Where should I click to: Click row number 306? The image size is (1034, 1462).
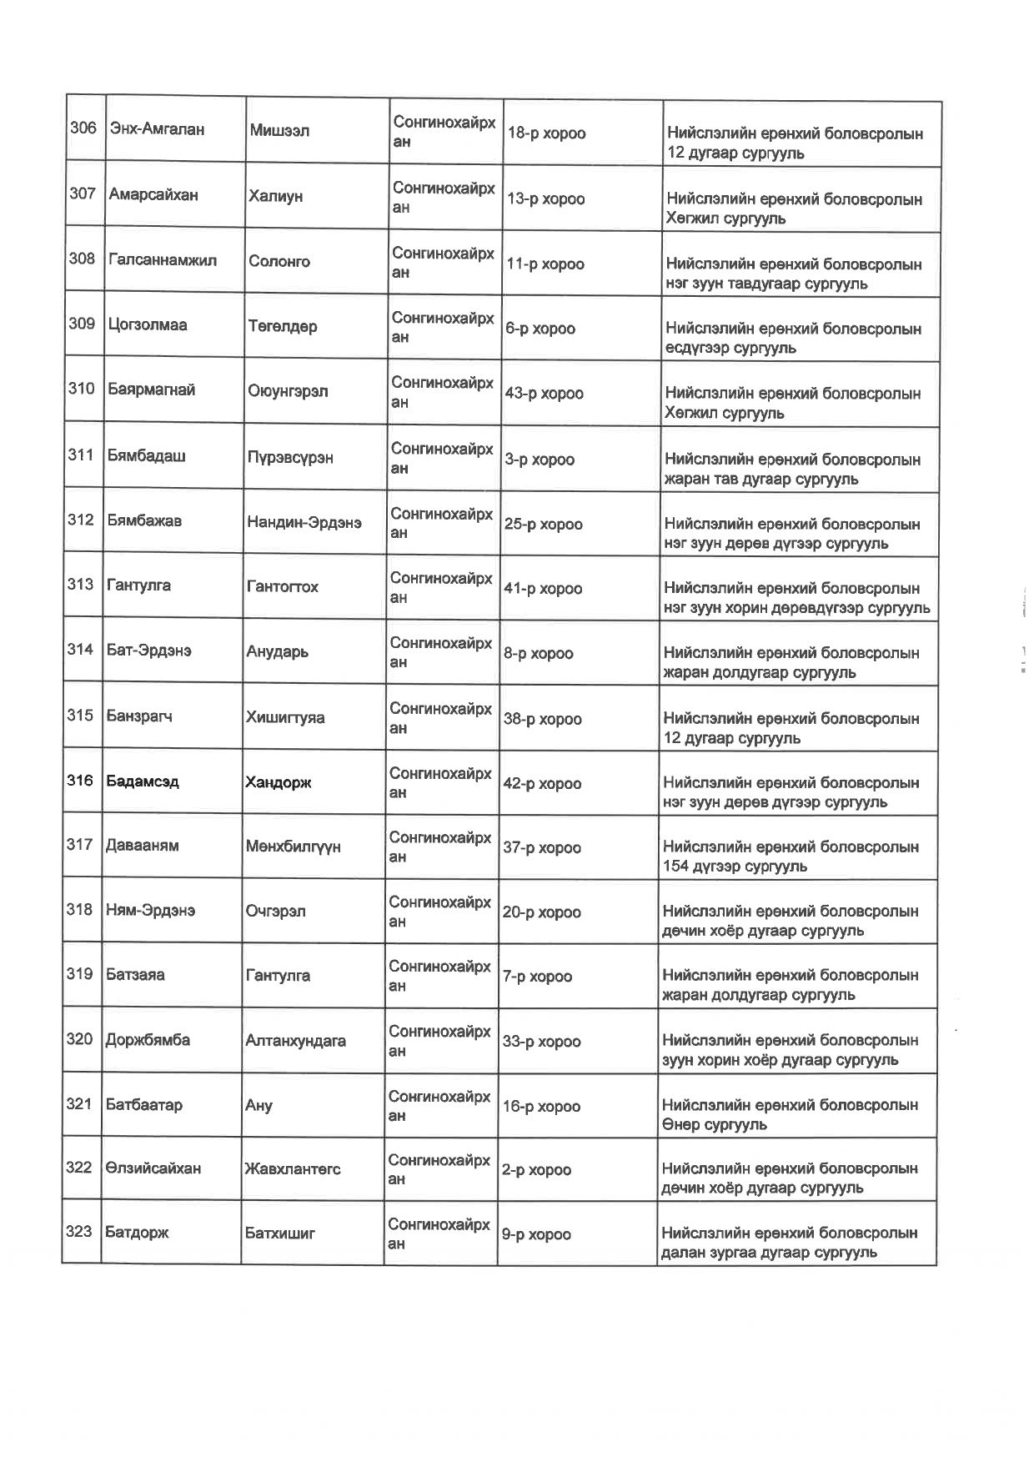coord(83,128)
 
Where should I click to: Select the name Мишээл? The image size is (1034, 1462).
coord(279,130)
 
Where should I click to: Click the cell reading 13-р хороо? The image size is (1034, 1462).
coord(545,198)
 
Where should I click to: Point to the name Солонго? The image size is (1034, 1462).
coord(279,261)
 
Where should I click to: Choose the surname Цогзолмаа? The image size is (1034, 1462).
coord(147,324)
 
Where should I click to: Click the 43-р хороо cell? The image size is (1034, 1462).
coord(544,393)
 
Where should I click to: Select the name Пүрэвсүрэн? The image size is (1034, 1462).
coord(289,457)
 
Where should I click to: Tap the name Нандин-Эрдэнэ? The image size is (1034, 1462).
coord(304,522)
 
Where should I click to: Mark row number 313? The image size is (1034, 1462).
coord(80,584)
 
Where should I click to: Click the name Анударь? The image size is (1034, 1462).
coord(277,651)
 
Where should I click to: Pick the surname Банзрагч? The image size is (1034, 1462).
coord(139,716)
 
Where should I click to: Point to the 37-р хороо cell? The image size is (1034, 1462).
coord(541,847)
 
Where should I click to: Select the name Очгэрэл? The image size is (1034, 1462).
coord(275,911)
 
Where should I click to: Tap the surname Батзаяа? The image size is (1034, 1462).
coord(135,974)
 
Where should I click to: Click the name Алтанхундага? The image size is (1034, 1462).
coord(295,1040)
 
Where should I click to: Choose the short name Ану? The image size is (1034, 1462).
coord(258,1106)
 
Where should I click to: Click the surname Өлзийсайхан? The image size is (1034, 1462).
coord(153,1168)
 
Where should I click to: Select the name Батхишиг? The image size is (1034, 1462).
coord(279,1233)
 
